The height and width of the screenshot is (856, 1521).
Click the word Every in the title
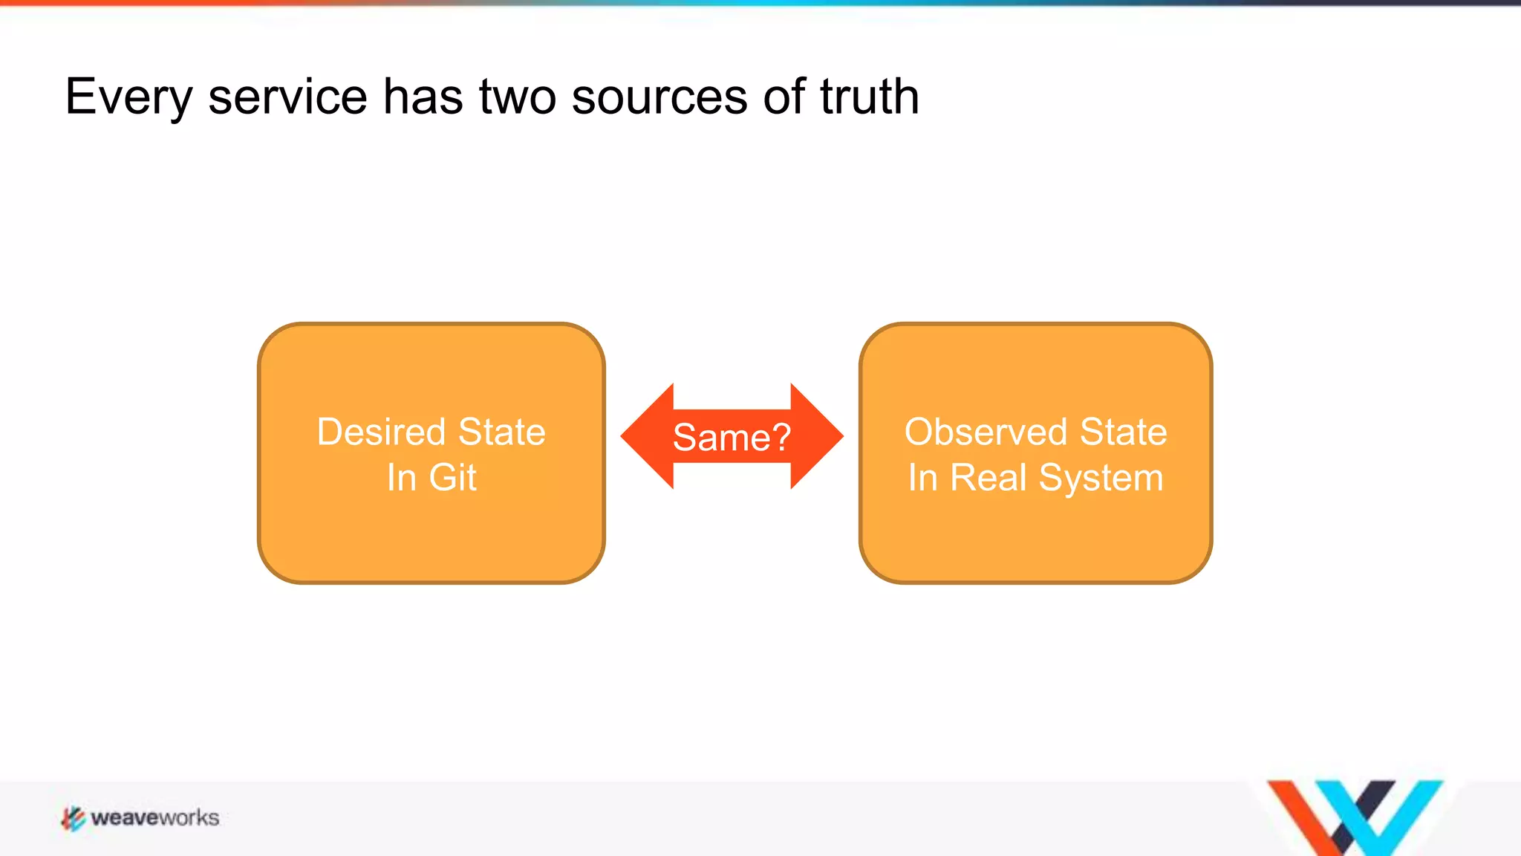click(x=128, y=97)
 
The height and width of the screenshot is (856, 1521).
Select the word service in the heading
click(x=287, y=97)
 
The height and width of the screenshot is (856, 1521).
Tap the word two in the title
click(x=518, y=97)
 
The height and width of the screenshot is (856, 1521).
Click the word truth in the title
click(x=870, y=97)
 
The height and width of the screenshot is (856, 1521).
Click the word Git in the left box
click(x=452, y=477)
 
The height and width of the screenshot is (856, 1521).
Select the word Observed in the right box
click(x=986, y=432)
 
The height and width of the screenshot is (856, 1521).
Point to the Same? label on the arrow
click(x=732, y=437)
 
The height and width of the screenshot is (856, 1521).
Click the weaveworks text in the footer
click(x=154, y=818)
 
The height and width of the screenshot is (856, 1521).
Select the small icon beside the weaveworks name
click(x=73, y=818)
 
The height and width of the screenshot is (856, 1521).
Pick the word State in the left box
click(x=502, y=432)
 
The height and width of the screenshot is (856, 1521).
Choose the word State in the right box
click(x=1123, y=432)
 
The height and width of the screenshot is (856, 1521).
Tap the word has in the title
click(x=423, y=97)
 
